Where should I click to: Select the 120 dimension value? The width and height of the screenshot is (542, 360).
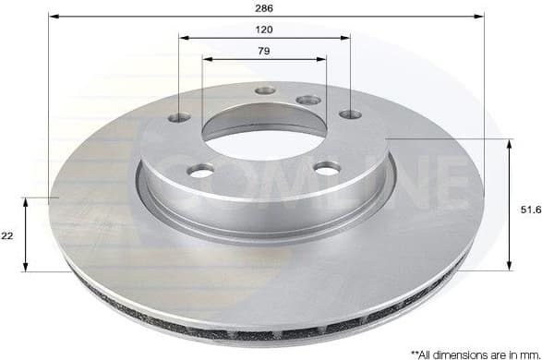coord(265,29)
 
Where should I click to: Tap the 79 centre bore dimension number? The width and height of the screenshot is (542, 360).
coord(265,51)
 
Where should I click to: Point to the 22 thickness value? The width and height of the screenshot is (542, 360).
coord(7,236)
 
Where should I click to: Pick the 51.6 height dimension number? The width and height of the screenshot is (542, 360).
coord(529,210)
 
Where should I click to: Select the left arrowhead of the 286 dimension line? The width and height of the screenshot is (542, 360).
coord(53,17)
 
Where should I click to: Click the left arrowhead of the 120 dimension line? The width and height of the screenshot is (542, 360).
coord(183,38)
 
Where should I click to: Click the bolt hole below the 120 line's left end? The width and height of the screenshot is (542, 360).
coord(179,117)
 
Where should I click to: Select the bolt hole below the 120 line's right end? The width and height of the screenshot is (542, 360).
coord(350,114)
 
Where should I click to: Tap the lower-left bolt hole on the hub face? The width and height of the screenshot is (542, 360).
coord(200,170)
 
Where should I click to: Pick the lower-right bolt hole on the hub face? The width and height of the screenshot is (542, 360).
coord(327,167)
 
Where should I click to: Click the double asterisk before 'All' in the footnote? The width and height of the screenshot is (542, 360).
coord(414,352)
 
